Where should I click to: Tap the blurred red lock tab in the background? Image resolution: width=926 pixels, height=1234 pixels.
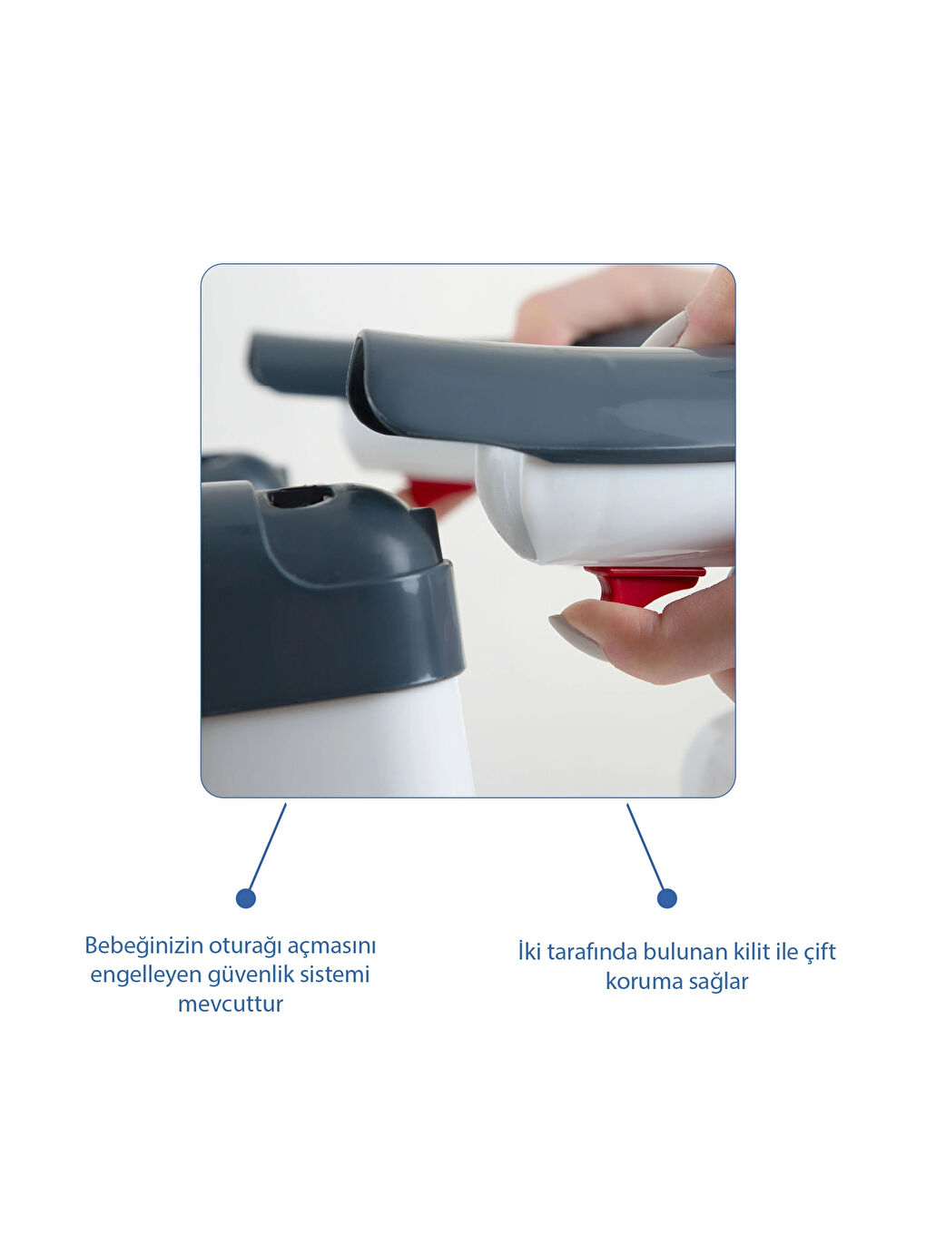(435, 493)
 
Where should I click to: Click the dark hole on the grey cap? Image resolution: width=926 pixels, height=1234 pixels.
(300, 496)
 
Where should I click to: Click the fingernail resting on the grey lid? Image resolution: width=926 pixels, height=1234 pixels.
(666, 330)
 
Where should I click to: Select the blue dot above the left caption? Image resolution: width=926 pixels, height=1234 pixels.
(245, 898)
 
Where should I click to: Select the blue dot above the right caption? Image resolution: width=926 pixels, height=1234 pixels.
(667, 898)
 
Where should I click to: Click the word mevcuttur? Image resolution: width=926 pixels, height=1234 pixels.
(231, 1004)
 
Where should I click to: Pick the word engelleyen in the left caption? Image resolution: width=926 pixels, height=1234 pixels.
(145, 974)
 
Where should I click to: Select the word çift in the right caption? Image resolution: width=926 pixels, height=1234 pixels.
(819, 952)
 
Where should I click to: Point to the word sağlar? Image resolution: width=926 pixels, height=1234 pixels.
(719, 981)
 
